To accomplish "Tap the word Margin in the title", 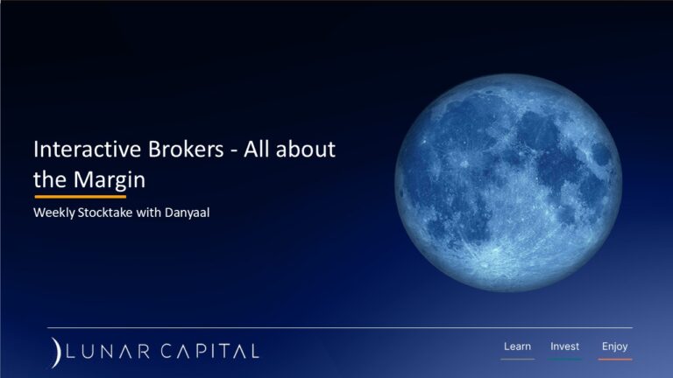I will tap(106, 178).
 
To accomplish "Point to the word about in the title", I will tap(308, 150).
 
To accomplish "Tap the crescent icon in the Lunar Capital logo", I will tap(56, 351).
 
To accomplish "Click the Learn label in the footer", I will tap(517, 346).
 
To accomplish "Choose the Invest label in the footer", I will tap(564, 346).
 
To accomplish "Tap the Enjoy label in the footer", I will tap(614, 346).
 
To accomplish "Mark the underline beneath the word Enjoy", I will tap(614, 359).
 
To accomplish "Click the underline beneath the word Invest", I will tap(564, 359).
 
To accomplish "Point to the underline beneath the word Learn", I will tap(517, 359).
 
